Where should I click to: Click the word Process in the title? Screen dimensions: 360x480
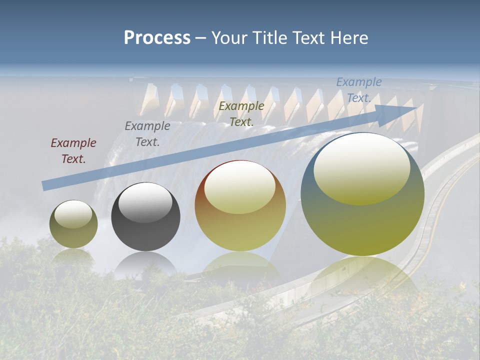coord(157,38)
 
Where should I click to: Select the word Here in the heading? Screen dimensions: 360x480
coord(349,38)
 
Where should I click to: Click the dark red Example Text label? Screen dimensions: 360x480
coord(73,151)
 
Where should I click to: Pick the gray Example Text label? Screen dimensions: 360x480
coord(147,134)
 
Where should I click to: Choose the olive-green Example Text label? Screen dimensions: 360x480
coord(241,113)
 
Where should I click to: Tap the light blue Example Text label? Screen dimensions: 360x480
coord(358,90)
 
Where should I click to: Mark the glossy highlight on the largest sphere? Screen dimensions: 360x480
coord(361,168)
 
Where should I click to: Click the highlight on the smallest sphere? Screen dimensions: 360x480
coord(73,214)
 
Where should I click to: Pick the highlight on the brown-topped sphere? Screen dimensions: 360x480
coord(239,187)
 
